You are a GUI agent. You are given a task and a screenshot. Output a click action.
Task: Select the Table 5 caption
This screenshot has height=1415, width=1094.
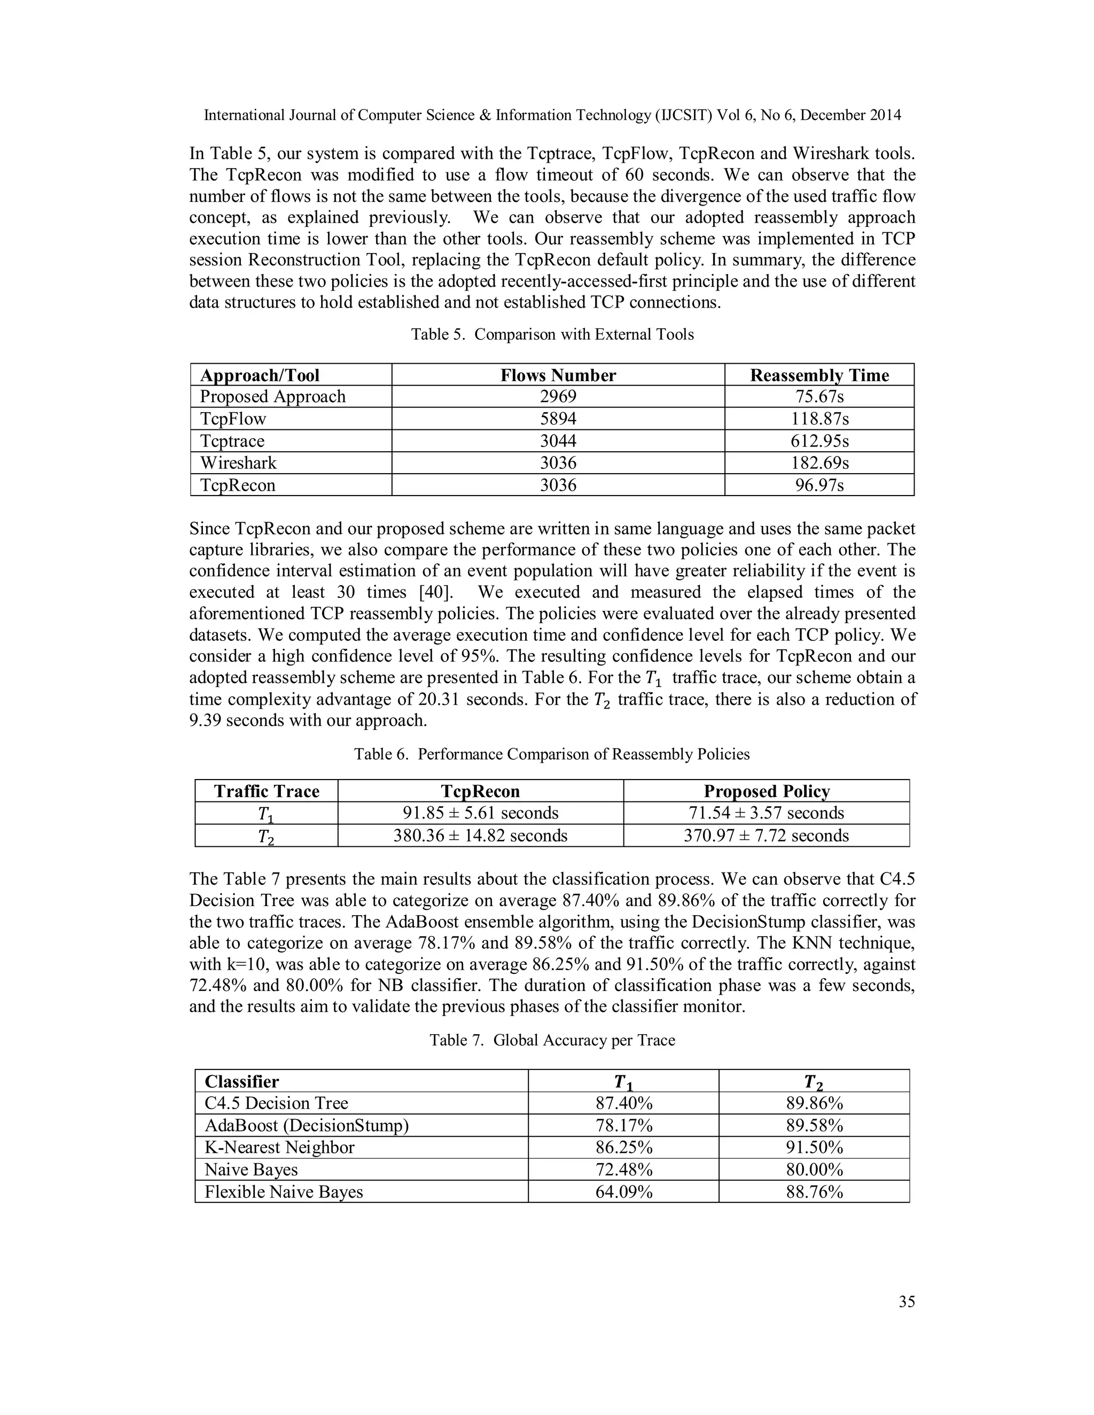[x=552, y=334]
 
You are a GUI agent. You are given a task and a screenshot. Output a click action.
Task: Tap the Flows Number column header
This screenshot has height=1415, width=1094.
[x=558, y=375]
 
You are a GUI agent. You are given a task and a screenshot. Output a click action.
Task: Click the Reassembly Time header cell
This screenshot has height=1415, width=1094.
[x=819, y=375]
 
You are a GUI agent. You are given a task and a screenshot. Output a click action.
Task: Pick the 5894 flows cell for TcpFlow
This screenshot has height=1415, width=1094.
[x=558, y=419]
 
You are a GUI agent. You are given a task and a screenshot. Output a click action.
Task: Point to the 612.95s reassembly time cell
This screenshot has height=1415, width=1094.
[x=819, y=441]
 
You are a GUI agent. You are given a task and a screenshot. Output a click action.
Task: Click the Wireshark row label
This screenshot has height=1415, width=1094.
[x=238, y=463]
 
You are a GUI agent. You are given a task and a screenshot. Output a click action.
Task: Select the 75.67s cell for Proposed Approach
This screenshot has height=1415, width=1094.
[x=819, y=397]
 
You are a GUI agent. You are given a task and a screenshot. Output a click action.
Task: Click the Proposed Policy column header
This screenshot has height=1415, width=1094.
[x=766, y=791]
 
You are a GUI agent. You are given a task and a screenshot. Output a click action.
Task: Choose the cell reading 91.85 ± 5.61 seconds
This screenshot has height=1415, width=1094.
[x=480, y=813]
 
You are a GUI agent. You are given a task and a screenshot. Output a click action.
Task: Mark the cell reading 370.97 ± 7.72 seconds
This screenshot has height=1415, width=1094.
[x=766, y=836]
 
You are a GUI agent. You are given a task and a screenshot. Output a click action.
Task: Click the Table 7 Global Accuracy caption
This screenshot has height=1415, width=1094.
[x=552, y=1040]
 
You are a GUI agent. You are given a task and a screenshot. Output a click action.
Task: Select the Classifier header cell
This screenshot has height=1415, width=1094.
[x=242, y=1081]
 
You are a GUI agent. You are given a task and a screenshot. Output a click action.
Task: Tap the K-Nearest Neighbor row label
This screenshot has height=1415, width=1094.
[x=279, y=1147]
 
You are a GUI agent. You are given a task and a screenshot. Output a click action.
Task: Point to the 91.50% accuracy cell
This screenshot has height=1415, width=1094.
[x=814, y=1147]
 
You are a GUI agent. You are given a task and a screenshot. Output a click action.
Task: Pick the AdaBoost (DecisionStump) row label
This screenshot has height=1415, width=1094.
[x=307, y=1126]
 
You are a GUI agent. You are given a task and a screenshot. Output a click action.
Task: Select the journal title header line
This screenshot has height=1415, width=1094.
[x=552, y=115]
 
